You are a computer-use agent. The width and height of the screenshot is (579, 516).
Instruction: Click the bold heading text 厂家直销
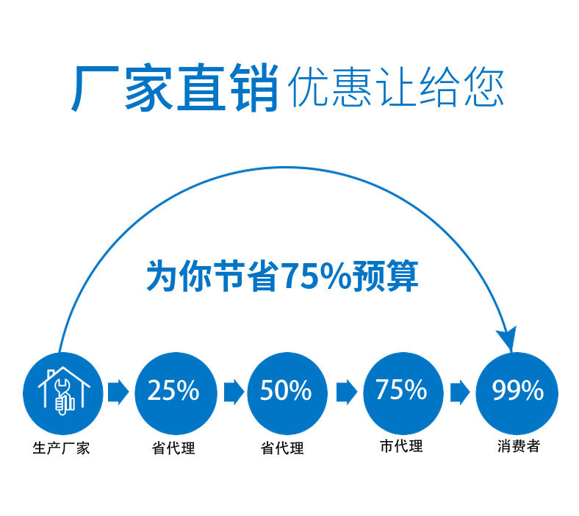click(175, 88)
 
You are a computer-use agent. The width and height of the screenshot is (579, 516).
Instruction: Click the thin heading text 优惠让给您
click(397, 88)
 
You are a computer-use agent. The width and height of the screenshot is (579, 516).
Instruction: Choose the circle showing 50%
click(286, 391)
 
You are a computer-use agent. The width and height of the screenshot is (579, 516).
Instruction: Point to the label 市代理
click(400, 445)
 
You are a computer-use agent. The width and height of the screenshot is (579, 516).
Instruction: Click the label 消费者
click(517, 445)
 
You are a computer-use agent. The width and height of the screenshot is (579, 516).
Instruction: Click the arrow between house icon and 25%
click(118, 392)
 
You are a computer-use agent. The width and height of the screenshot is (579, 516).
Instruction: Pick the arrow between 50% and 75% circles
click(345, 392)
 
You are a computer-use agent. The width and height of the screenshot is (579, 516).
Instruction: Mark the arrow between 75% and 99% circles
click(460, 392)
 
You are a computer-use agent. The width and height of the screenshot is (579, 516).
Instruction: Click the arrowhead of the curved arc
click(506, 338)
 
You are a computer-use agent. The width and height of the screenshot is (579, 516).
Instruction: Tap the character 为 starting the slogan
click(161, 276)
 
